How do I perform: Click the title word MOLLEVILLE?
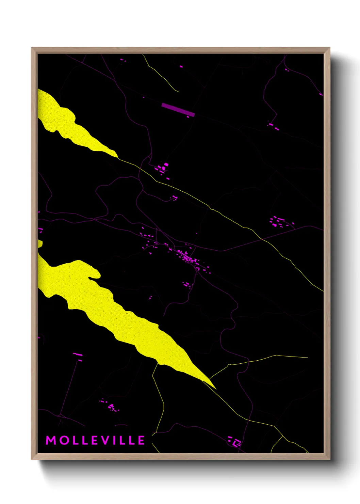(x=95, y=440)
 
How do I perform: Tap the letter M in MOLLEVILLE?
(x=51, y=440)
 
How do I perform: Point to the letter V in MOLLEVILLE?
(x=106, y=440)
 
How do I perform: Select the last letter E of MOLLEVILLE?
(x=141, y=440)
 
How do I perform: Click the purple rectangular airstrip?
(x=178, y=110)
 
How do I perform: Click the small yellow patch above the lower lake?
(x=40, y=243)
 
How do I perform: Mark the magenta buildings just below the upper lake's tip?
(x=162, y=169)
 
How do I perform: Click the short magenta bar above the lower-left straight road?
(x=78, y=355)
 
